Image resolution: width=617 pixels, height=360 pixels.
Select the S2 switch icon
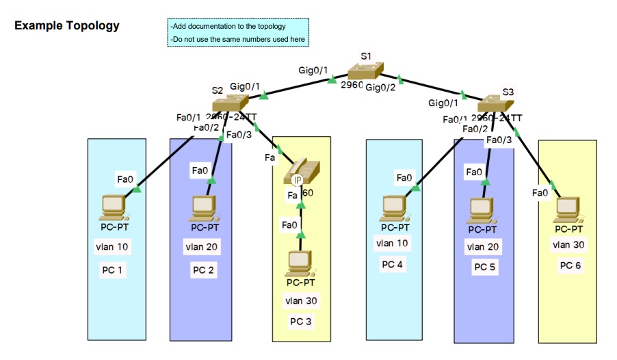229,104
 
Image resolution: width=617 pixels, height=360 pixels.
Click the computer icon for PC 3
299,263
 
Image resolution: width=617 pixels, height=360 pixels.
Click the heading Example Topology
67,26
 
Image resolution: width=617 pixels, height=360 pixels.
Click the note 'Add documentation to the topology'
228,27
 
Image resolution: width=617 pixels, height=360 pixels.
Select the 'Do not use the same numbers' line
237,40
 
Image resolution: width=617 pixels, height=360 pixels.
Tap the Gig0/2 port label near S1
380,87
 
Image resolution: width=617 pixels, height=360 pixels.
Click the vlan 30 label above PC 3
301,300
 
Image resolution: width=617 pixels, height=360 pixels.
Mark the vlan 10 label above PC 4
393,243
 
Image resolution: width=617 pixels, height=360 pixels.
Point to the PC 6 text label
571,265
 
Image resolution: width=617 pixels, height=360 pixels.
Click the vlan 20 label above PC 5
483,246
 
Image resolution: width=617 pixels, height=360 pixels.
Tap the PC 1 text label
113,270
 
